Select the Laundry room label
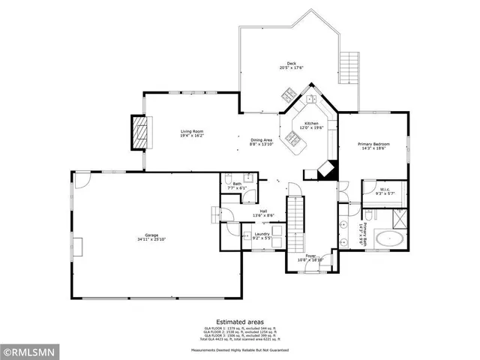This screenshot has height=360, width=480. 262,235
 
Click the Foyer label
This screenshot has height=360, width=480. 310,259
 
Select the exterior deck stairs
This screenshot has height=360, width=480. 348,68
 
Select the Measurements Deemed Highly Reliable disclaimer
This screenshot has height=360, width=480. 239,349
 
